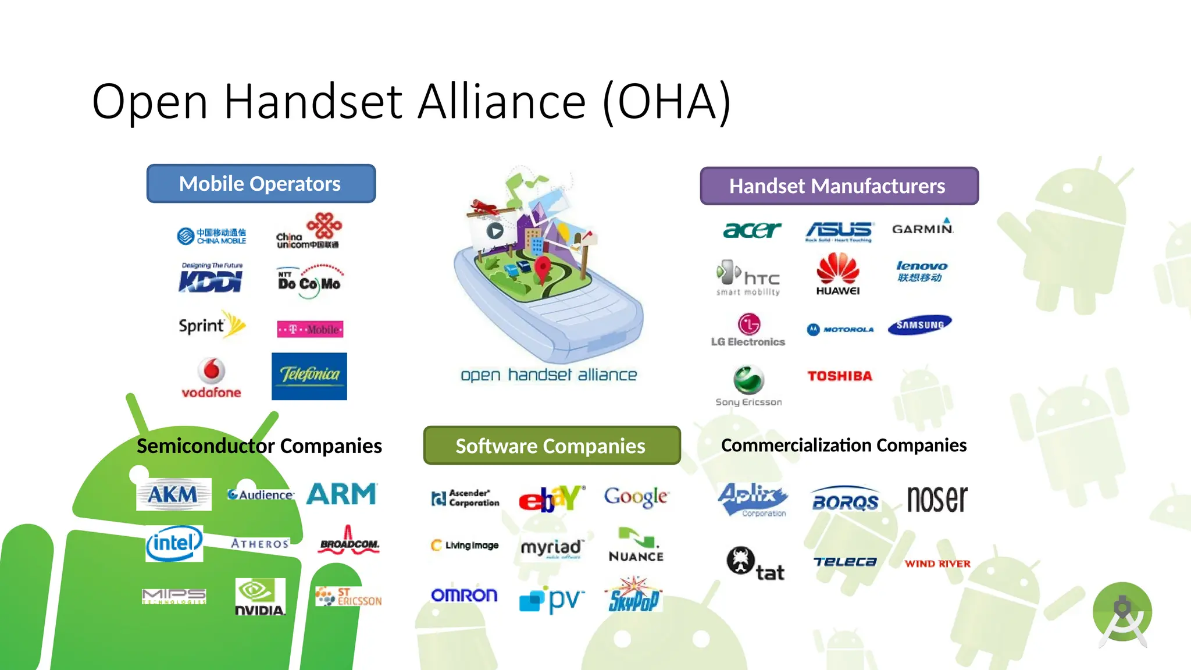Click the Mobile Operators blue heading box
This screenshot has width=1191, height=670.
pyautogui.click(x=261, y=184)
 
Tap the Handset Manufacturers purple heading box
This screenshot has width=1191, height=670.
pyautogui.click(x=839, y=186)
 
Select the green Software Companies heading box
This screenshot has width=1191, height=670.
pyautogui.click(x=551, y=446)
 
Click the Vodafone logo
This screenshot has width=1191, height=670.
pyautogui.click(x=211, y=378)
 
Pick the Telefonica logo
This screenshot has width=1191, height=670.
pyautogui.click(x=309, y=376)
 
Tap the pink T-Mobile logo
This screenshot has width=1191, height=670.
pyautogui.click(x=310, y=329)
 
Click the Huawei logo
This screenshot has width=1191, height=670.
pyautogui.click(x=838, y=274)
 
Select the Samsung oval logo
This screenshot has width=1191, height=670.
pyautogui.click(x=919, y=325)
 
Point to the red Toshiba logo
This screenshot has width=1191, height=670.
pyautogui.click(x=840, y=376)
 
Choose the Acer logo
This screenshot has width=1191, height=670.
pyautogui.click(x=752, y=230)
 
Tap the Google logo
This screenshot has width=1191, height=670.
pyautogui.click(x=636, y=497)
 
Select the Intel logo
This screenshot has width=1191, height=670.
pyautogui.click(x=174, y=544)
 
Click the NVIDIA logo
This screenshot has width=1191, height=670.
pyautogui.click(x=260, y=597)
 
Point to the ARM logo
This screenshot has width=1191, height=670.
pyautogui.click(x=342, y=494)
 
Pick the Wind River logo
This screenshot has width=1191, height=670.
pyautogui.click(x=937, y=564)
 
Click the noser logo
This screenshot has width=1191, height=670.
pyautogui.click(x=937, y=499)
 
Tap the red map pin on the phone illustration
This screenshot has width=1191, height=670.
pyautogui.click(x=542, y=268)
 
